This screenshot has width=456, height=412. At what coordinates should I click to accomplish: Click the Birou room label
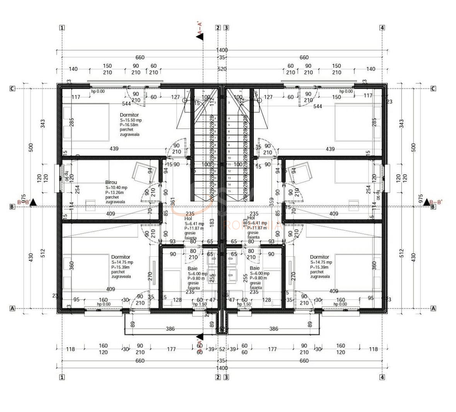pyautogui.click(x=111, y=182)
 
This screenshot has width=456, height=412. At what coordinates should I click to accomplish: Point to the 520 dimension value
pyautogui.click(x=222, y=69)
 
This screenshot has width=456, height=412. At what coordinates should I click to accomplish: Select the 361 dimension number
pyautogui.click(x=173, y=201)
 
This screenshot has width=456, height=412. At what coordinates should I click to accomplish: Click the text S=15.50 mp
pyautogui.click(x=131, y=120)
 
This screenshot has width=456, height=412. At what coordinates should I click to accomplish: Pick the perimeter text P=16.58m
pyautogui.click(x=130, y=125)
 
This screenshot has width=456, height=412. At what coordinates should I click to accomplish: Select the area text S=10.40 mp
pyautogui.click(x=116, y=187)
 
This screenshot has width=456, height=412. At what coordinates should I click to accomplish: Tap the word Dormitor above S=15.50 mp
pyautogui.click(x=129, y=115)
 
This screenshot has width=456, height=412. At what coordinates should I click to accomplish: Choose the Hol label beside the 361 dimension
pyautogui.click(x=188, y=218)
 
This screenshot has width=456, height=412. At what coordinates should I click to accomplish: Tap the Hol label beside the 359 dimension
pyautogui.click(x=251, y=218)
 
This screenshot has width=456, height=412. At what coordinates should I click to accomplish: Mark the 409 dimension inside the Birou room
pyautogui.click(x=111, y=213)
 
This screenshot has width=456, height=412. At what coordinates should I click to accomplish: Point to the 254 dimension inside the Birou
pyautogui.click(x=77, y=189)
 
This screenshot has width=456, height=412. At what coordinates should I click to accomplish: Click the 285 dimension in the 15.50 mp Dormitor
pyautogui.click(x=72, y=122)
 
